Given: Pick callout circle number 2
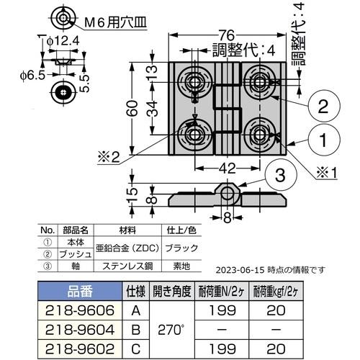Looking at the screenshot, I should pos(323,107).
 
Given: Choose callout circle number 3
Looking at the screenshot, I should pos(282,175).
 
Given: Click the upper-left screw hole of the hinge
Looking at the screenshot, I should pos(194,79).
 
